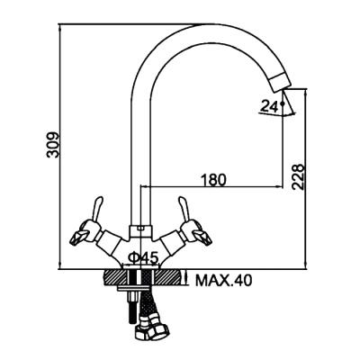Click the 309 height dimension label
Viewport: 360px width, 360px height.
[x=53, y=145]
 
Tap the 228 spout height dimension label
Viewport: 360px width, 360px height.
[x=299, y=176]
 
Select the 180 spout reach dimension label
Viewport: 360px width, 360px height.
[x=212, y=180]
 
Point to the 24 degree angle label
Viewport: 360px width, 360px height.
[x=269, y=106]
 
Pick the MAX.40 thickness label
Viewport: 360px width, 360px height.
[x=223, y=281]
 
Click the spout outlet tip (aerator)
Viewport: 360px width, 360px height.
[x=280, y=82]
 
